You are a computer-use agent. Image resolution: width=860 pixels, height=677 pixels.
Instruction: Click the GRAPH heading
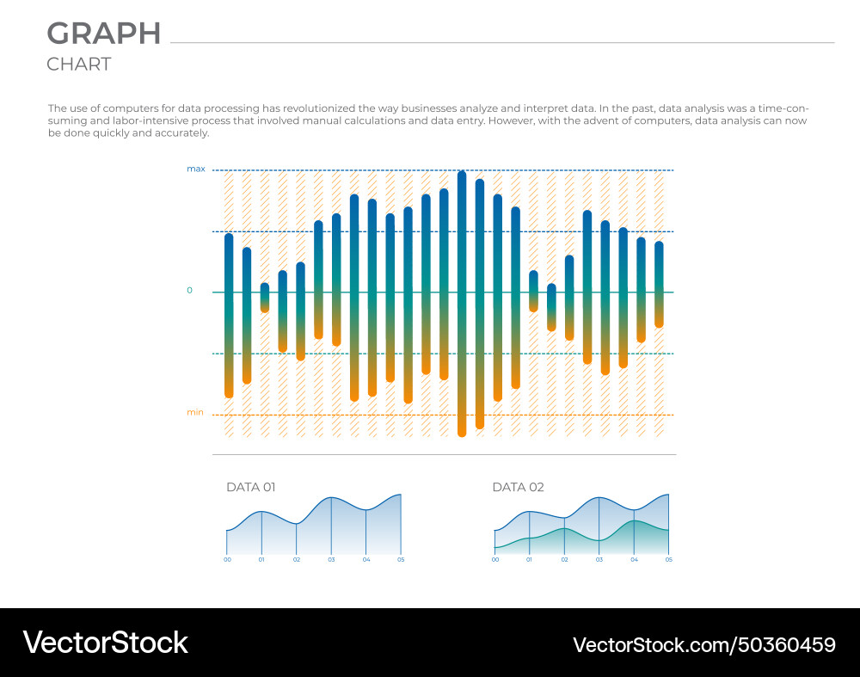point(103,34)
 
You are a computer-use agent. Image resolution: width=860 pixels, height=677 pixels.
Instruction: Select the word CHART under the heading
point(78,65)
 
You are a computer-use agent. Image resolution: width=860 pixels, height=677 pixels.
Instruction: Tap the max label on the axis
point(196,169)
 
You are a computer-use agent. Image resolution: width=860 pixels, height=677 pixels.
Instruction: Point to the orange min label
point(195,413)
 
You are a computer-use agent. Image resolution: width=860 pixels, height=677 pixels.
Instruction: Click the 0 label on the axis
point(190,291)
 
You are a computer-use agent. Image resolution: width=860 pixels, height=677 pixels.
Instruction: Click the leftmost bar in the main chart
point(229,315)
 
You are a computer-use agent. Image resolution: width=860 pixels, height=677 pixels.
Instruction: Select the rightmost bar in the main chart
point(659,284)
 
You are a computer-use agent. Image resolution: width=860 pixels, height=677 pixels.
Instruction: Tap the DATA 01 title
point(250,487)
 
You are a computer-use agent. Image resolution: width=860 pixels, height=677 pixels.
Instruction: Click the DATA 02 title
point(518,487)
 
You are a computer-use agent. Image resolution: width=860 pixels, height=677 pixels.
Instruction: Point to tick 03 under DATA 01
point(331,560)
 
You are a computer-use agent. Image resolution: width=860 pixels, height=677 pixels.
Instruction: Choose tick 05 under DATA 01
point(401,560)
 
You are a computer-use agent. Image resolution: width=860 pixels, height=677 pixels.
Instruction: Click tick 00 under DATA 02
point(494,560)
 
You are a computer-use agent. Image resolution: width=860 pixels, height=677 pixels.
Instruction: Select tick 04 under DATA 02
point(634,560)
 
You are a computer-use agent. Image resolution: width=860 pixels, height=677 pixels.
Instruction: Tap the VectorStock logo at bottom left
point(105,643)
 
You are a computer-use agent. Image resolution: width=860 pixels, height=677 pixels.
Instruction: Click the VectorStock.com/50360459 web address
point(704,644)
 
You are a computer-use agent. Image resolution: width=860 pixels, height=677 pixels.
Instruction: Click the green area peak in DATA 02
point(634,522)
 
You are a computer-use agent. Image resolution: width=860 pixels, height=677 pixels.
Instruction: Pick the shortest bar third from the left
point(265,298)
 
